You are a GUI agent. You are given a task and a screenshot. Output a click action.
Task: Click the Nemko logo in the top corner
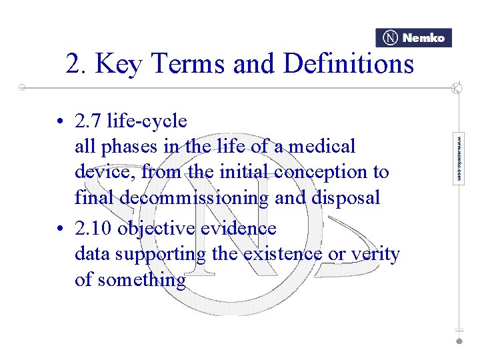pos(413,38)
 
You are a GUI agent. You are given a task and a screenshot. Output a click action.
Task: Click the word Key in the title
pos(121,64)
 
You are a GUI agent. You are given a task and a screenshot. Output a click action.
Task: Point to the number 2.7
pos(88,121)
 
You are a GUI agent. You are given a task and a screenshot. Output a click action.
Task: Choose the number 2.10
pos(93,229)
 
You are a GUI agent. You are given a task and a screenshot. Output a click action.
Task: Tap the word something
pos(141,279)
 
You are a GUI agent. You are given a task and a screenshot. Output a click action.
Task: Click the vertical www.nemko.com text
pos(459,159)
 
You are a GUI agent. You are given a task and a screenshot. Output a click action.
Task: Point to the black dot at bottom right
pos(459,341)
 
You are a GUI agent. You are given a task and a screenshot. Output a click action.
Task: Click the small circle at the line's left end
pos(22,87)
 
